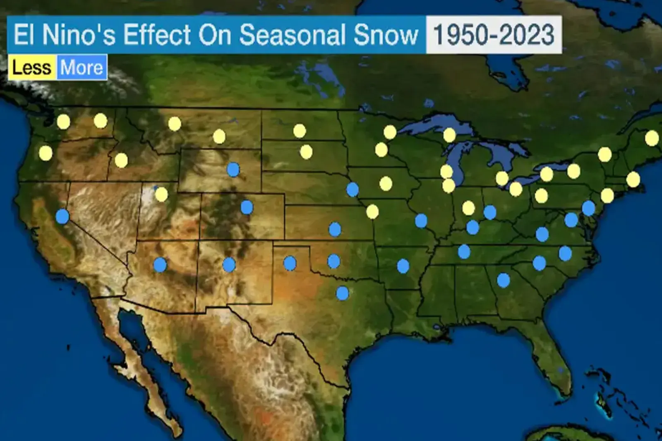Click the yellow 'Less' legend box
coord(32,67)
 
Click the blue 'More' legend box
coord(82,67)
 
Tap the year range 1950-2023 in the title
coord(494,35)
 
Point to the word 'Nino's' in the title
coord(79,35)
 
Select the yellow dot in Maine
coord(651,138)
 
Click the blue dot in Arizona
coord(160,264)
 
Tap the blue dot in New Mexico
coord(229,264)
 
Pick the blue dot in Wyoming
coord(233,169)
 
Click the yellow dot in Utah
coord(161,194)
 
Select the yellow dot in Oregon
coord(46,153)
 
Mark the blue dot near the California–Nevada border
coord(62,216)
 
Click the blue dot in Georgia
coord(503,280)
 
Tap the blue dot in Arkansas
coord(403,266)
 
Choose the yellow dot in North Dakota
coord(300,131)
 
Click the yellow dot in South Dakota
coord(306,152)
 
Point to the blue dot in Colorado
coord(247,207)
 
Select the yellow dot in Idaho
coord(121,160)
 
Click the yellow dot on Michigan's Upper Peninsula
coord(449,135)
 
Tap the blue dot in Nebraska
coord(353,189)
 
